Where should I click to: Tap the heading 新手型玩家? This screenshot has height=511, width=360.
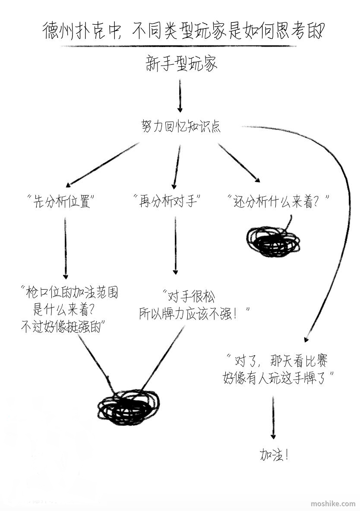181,64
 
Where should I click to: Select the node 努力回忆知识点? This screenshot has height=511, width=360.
181,126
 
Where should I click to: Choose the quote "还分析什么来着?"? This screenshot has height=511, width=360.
278,201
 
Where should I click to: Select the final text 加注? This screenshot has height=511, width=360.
274,455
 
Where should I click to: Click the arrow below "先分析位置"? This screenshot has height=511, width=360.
66,248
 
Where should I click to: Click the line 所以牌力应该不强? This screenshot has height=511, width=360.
194,313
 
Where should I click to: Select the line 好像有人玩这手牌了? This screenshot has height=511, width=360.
278,379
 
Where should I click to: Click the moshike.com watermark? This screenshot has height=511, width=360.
333,504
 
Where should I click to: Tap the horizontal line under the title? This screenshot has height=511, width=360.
179,46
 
